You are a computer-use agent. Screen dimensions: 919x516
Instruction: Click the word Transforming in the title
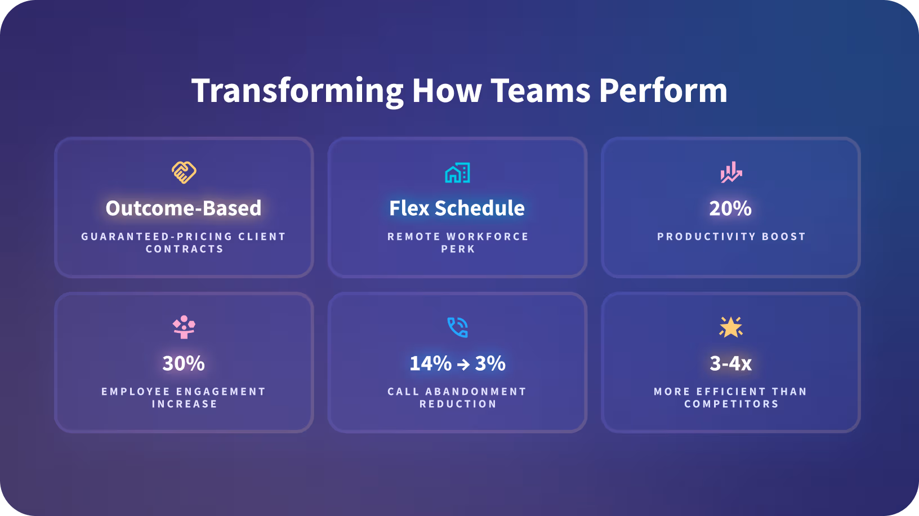pyautogui.click(x=297, y=92)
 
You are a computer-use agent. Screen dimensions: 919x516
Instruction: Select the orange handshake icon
pyautogui.click(x=184, y=172)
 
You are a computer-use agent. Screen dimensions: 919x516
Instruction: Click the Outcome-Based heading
pyautogui.click(x=184, y=208)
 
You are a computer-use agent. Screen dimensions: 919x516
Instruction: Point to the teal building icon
pyautogui.click(x=457, y=172)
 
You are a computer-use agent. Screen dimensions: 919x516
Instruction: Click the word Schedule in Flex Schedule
pyautogui.click(x=480, y=208)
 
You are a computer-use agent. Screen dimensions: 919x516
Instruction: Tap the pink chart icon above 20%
pyautogui.click(x=731, y=172)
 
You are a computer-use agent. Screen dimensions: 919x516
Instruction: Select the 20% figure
pyautogui.click(x=730, y=208)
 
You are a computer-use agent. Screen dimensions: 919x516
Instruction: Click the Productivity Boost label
pyautogui.click(x=731, y=237)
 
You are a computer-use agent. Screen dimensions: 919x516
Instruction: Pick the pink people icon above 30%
pyautogui.click(x=184, y=327)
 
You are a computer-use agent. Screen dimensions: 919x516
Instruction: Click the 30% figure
pyautogui.click(x=184, y=363)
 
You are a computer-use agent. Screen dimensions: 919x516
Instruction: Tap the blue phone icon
pyautogui.click(x=457, y=327)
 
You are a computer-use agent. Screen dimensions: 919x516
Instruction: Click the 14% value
pyautogui.click(x=430, y=363)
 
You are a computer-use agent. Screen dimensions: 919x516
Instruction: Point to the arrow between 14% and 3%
pyautogui.click(x=463, y=364)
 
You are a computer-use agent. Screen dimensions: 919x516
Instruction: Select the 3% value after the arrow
pyautogui.click(x=490, y=363)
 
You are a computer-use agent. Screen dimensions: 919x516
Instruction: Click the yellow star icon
pyautogui.click(x=731, y=327)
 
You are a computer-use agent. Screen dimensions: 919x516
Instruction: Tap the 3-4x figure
pyautogui.click(x=731, y=363)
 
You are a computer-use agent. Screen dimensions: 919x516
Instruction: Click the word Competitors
pyautogui.click(x=731, y=404)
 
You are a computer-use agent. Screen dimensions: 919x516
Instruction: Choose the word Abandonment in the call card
pyautogui.click(x=475, y=392)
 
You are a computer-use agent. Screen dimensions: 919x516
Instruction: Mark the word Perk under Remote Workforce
pyautogui.click(x=458, y=249)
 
